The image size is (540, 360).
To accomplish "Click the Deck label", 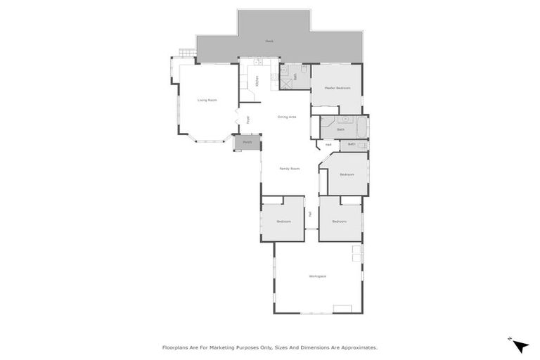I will coord(269,41).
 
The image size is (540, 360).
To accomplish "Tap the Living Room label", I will coord(207,101).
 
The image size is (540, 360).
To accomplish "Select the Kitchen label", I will coord(257,81).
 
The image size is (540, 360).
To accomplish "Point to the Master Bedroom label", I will coord(337,88).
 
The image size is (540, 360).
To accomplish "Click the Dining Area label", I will coord(286,117).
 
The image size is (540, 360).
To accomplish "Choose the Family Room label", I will coord(289,169).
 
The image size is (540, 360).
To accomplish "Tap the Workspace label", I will coord(317,276).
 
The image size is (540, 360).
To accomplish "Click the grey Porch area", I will coord(246,143).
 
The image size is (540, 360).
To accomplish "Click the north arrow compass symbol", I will coord(520,345).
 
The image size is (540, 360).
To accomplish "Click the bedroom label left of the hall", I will coord(283,221).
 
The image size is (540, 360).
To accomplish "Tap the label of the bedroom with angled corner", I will coord(347,174).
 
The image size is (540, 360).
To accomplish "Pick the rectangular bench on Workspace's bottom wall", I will coord(342,308).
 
